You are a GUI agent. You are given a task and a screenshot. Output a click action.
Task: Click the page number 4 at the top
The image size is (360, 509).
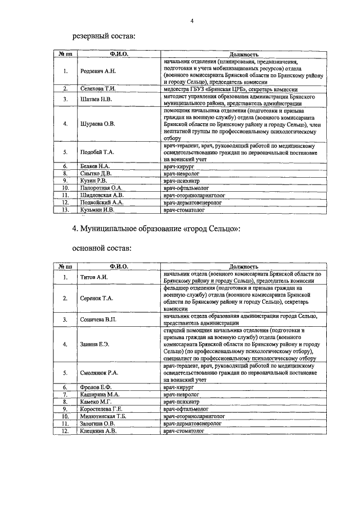[x=192, y=21]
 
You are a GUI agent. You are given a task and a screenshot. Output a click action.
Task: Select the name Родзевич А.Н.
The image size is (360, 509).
[x=98, y=71]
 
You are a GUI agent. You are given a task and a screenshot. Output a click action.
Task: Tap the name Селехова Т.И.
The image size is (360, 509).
[x=98, y=89]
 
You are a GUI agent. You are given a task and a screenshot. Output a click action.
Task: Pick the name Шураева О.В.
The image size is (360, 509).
[x=98, y=124]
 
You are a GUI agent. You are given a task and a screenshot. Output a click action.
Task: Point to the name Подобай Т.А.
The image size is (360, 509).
[x=97, y=152]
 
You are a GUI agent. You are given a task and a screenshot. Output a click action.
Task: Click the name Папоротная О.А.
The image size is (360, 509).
[x=101, y=188]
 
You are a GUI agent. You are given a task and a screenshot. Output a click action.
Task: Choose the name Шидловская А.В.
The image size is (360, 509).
[x=101, y=195]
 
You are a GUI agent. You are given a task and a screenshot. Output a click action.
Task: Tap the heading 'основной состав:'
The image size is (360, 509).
[x=102, y=247]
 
